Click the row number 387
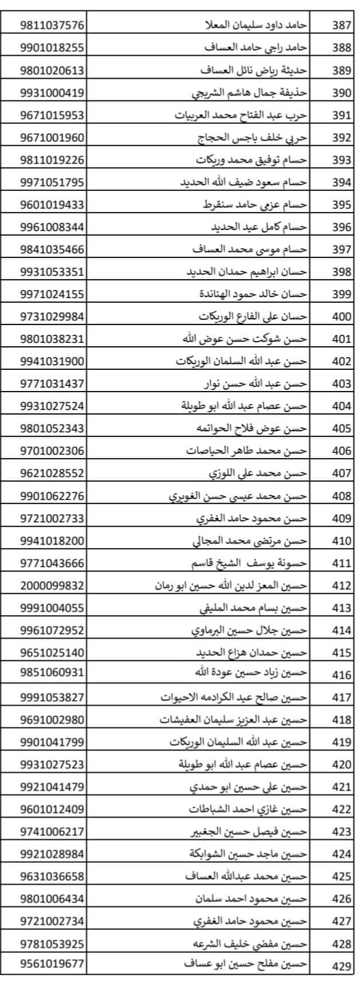click(x=342, y=26)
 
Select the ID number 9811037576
click(x=52, y=26)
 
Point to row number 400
click(x=342, y=316)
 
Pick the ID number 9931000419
click(x=52, y=93)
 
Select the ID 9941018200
click(x=52, y=541)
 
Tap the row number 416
click(x=342, y=675)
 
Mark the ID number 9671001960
click(x=52, y=138)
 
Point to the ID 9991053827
click(x=52, y=697)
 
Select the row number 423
click(x=342, y=832)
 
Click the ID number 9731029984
click(x=52, y=316)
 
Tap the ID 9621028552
click(x=52, y=474)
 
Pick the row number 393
click(x=342, y=160)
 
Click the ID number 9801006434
click(x=52, y=898)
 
